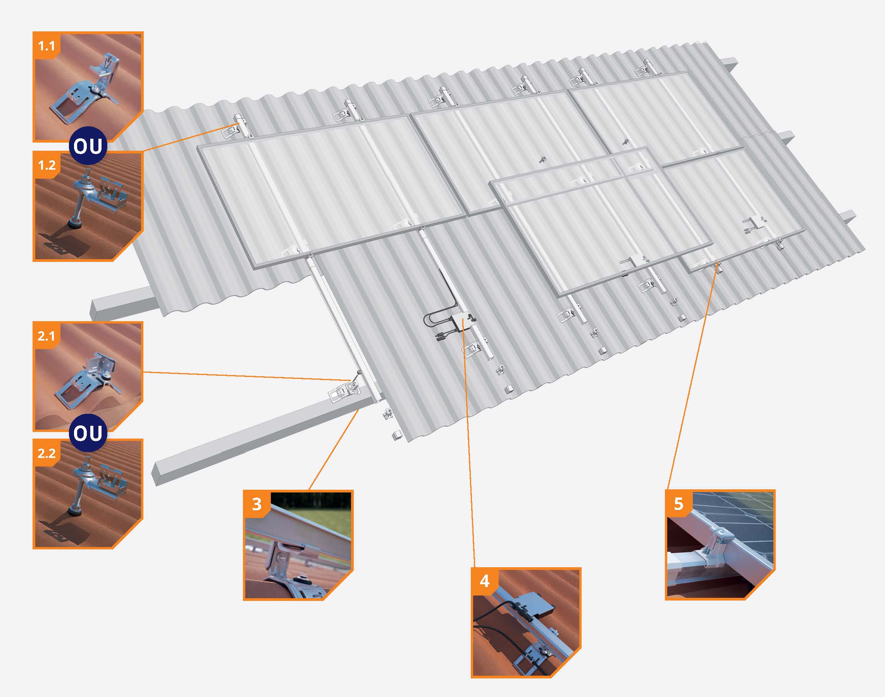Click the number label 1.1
pyautogui.click(x=46, y=45)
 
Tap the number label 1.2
pyautogui.click(x=46, y=165)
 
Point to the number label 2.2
pyautogui.click(x=46, y=453)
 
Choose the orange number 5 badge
pyautogui.click(x=678, y=504)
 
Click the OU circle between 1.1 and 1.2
pyautogui.click(x=88, y=146)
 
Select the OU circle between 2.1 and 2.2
pyautogui.click(x=88, y=432)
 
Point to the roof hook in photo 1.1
pyautogui.click(x=88, y=90)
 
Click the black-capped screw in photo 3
pyautogui.click(x=302, y=580)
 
